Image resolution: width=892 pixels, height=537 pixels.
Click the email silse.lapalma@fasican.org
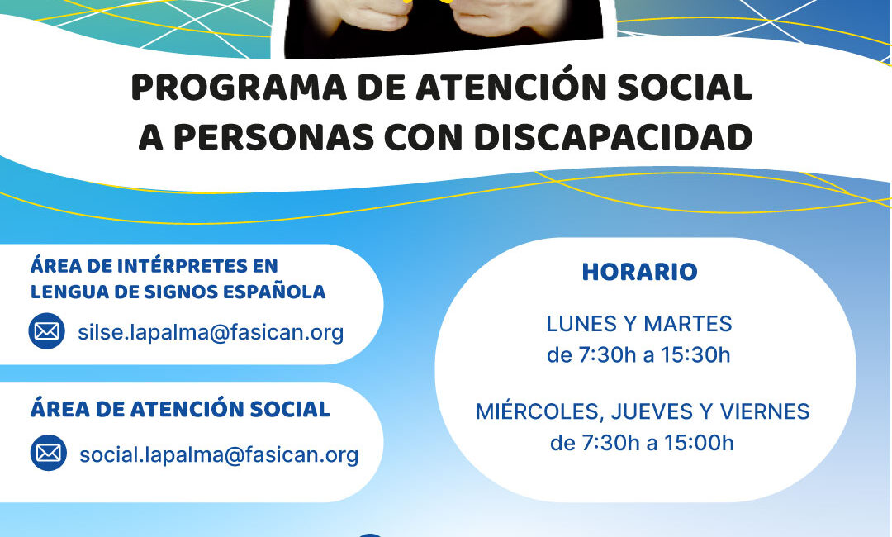pyautogui.click(x=211, y=332)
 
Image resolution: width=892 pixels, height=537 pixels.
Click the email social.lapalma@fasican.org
pyautogui.click(x=219, y=454)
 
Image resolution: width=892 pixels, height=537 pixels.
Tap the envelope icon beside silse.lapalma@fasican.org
pyautogui.click(x=47, y=331)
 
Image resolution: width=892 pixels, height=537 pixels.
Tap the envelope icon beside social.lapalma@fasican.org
pyautogui.click(x=49, y=453)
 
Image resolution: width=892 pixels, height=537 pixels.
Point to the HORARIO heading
pyautogui.click(x=639, y=272)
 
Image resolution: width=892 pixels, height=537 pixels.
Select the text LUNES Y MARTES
pyautogui.click(x=639, y=323)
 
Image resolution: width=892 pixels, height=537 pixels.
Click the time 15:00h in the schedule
pyautogui.click(x=699, y=443)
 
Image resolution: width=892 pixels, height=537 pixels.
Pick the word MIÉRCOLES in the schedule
pyautogui.click(x=529, y=411)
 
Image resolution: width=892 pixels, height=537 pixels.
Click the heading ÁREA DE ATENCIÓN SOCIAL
pyautogui.click(x=180, y=409)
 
